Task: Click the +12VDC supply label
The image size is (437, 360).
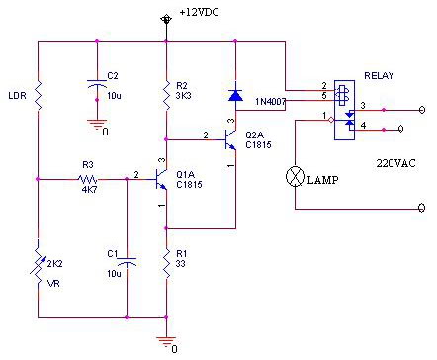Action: [x=199, y=13]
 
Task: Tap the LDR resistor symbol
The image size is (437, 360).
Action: [x=39, y=96]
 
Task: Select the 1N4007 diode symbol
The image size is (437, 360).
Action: [x=235, y=95]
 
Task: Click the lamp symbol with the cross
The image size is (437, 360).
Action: [x=295, y=176]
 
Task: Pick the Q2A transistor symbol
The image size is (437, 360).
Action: [x=230, y=140]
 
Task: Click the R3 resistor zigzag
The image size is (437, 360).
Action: [x=88, y=180]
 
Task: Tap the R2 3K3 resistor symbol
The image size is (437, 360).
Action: [x=166, y=95]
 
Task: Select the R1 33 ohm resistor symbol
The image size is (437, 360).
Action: [x=166, y=264]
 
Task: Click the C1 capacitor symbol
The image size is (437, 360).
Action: [x=127, y=262]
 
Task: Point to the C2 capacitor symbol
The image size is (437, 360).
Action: [x=97, y=83]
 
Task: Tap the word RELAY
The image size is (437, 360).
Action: [x=379, y=76]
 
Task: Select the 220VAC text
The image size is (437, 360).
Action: [x=395, y=163]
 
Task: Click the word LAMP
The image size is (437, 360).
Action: [x=322, y=180]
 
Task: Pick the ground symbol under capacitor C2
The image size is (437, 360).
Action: [x=97, y=124]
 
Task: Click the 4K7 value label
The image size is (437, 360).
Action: [x=89, y=190]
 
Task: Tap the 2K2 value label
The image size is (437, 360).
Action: [x=55, y=264]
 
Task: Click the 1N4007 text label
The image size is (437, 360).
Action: [x=270, y=102]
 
